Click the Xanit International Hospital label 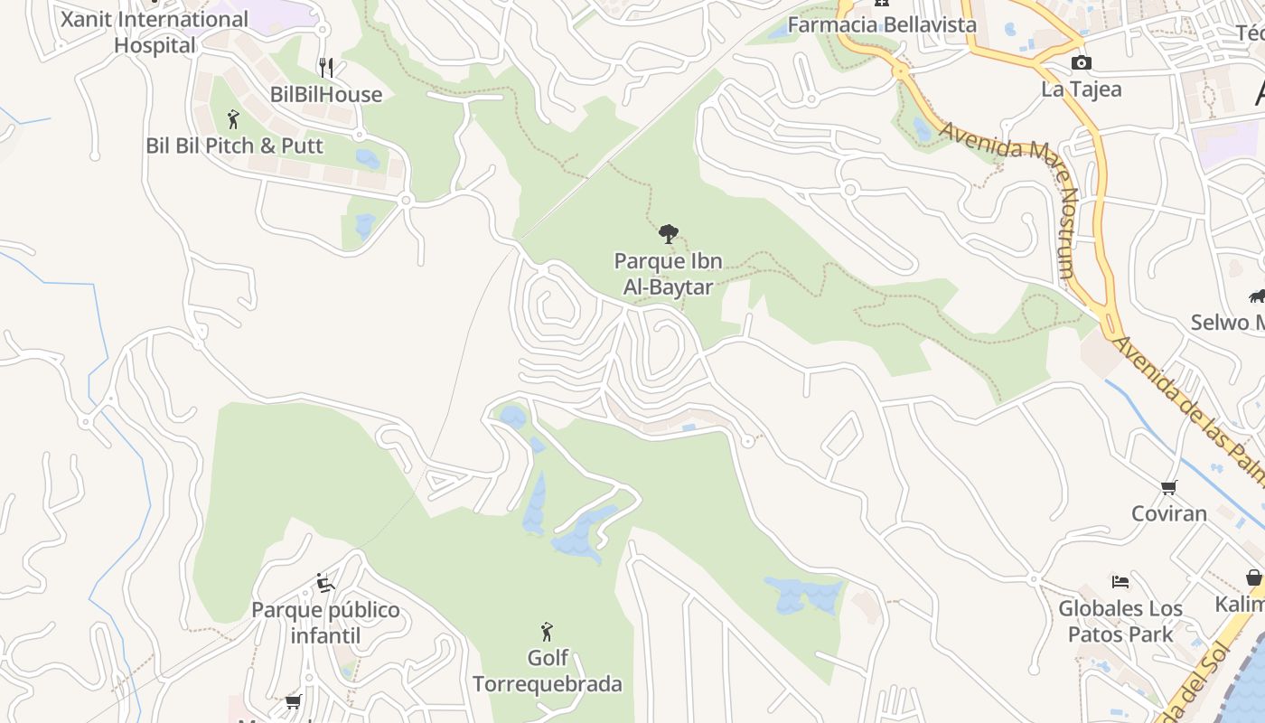154,32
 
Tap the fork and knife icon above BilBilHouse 326,67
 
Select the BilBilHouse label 326,95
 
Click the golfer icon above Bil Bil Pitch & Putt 233,118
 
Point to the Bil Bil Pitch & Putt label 234,146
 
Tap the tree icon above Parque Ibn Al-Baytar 668,234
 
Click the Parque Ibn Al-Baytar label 668,274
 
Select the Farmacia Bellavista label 882,24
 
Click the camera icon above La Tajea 1081,62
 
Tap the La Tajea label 1082,89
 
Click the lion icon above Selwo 1257,296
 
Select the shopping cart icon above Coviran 1168,487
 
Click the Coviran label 1169,513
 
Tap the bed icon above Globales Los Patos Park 1120,581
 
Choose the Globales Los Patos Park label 1120,621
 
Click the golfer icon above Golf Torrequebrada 547,631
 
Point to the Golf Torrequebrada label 547,671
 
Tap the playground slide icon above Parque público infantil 325,583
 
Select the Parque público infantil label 325,623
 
